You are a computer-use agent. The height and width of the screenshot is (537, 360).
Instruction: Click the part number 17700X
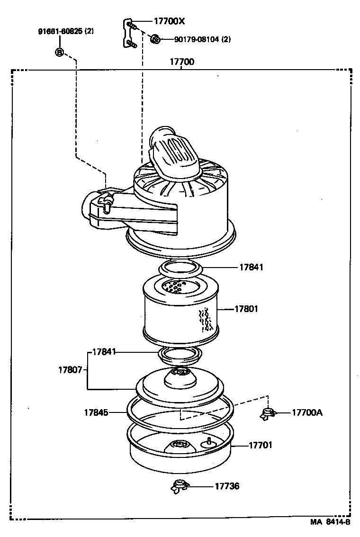(169, 21)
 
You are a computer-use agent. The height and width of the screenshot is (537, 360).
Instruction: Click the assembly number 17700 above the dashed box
(181, 62)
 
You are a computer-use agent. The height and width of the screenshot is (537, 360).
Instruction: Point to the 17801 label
(246, 309)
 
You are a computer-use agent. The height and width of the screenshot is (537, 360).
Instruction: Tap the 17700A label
(307, 412)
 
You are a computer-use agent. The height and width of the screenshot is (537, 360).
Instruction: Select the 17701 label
(261, 445)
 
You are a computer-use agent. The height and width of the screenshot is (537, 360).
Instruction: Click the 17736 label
(227, 486)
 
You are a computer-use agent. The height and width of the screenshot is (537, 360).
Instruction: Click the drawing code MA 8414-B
(330, 522)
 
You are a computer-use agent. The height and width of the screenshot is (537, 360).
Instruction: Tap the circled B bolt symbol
(60, 52)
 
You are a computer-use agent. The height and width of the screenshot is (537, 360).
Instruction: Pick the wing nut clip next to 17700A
(268, 413)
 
